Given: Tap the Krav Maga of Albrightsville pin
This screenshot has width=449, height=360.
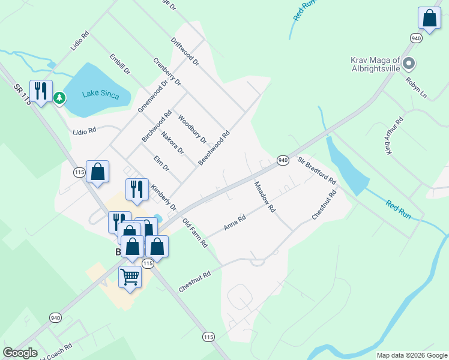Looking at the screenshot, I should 409,63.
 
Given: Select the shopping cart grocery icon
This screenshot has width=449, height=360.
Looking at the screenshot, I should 130,277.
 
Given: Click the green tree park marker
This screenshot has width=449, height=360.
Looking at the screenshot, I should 59,98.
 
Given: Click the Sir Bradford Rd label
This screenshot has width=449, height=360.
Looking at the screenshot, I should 316,171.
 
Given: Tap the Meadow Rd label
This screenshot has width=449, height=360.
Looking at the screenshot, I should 264,197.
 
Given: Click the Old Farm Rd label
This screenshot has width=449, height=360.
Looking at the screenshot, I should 195,233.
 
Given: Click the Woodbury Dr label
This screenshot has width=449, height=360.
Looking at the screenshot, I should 192,130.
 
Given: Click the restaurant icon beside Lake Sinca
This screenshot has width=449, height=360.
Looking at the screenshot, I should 41,91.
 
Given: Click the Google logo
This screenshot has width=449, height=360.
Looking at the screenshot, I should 20,353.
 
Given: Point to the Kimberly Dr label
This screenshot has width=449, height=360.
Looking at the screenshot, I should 164,197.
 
